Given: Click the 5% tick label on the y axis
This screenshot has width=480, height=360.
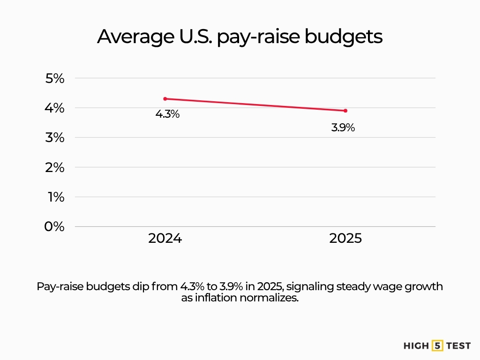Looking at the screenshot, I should point(54,78).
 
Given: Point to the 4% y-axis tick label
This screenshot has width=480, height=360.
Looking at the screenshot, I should point(54,108).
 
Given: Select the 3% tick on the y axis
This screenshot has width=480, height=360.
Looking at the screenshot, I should point(54,137).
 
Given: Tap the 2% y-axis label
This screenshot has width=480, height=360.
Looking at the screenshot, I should point(54,167).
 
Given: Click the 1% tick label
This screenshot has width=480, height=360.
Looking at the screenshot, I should point(55,197).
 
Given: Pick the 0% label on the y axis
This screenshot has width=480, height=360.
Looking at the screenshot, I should point(54,226).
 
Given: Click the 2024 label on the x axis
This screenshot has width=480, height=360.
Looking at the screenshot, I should point(165,239).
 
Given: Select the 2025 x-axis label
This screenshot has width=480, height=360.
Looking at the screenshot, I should point(345,239).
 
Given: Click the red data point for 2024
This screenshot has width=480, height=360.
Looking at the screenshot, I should point(165,99).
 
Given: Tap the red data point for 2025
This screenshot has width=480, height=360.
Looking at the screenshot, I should point(345,111).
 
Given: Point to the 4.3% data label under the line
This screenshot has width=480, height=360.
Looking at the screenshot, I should point(167,114).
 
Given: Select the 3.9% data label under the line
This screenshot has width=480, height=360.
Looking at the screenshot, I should point(343,127).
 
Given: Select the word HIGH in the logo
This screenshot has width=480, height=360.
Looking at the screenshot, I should point(416,346).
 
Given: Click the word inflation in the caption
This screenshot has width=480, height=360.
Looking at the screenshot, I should point(214,298).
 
